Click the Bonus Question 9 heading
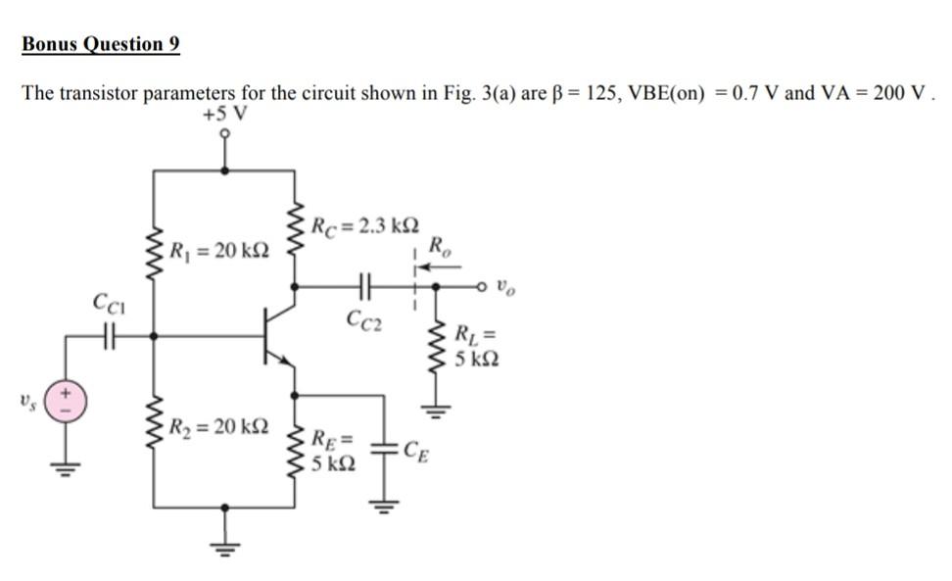101,44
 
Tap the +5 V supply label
224,114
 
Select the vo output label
503,289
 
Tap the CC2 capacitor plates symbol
363,287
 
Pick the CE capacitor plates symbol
383,451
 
